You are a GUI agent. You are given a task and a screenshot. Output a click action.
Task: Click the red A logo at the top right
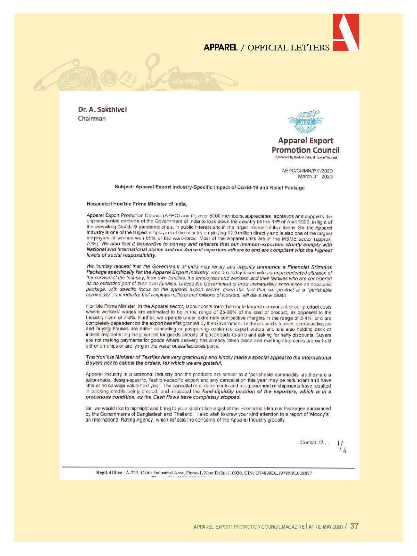tap(345, 32)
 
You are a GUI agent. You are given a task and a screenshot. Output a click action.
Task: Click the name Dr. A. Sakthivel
tap(103, 110)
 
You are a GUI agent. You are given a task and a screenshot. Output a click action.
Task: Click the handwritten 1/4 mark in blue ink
tap(342, 446)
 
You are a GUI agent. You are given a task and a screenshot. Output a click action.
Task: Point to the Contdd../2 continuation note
tap(315, 442)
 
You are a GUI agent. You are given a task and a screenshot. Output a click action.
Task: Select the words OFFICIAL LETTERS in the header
tap(288, 48)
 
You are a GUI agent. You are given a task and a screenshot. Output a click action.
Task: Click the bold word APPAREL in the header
tap(220, 48)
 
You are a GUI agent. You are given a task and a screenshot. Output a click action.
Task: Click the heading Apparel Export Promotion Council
tap(305, 145)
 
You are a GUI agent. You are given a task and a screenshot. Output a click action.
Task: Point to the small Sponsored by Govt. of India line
tap(305, 157)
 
